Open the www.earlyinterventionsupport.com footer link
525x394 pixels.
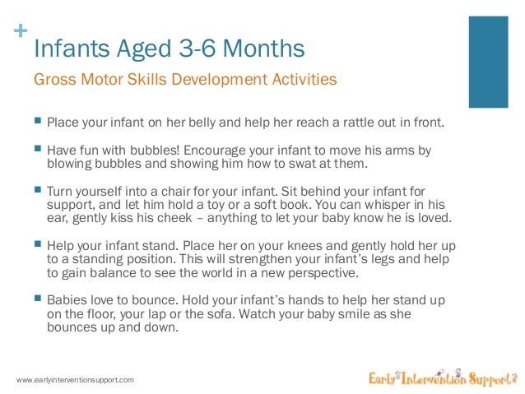point(75,379)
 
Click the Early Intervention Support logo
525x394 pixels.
point(443,378)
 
